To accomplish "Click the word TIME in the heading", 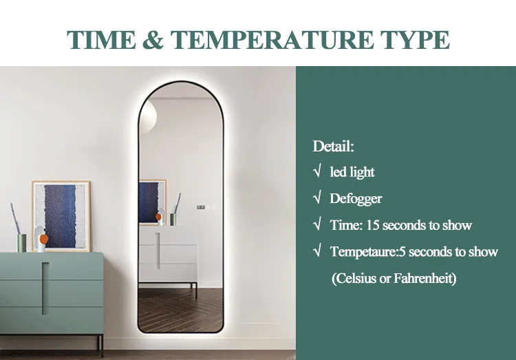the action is point(101,40).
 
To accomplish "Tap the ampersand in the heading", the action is point(153,40).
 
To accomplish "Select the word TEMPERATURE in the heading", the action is point(272,40).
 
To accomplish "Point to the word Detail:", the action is point(333,146).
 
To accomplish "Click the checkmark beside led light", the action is point(317,171).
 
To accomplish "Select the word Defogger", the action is point(356,199).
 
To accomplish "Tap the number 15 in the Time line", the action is point(372,225).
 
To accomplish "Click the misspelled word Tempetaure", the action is point(363,252).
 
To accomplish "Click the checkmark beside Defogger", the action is point(317,198).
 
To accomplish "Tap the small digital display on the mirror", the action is point(201,207).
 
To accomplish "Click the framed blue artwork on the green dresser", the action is point(61,215).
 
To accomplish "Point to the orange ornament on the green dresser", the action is point(43,238).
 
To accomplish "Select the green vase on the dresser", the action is point(22,243).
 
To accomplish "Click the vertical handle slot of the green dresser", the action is point(45,288).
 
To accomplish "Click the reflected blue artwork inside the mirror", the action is point(152,202).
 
